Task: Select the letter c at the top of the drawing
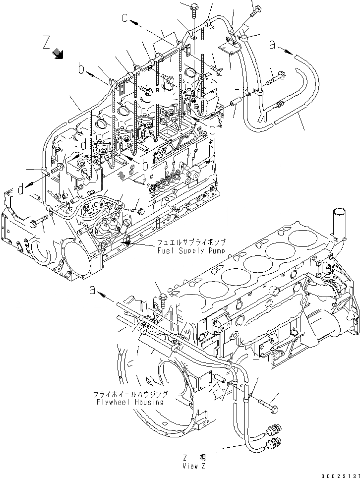125,18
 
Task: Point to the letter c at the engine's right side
212,130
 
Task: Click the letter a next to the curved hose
272,45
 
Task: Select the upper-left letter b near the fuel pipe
81,69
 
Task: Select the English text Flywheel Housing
131,402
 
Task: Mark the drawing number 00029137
336,474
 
